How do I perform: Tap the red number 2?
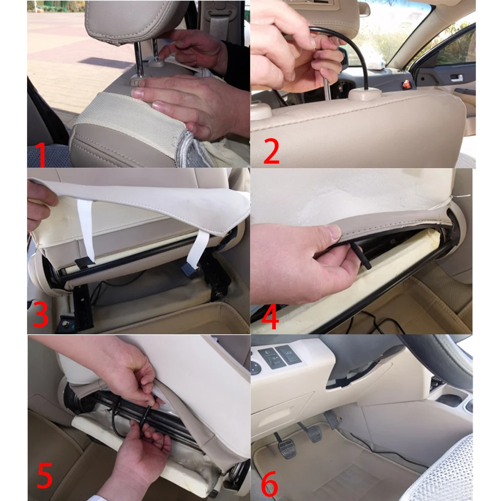coord(272,152)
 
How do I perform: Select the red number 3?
coord(40,314)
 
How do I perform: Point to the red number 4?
coord(270,317)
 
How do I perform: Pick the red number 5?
coord(45,476)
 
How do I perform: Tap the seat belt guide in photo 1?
coord(219,19)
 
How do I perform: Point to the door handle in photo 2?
coord(456,78)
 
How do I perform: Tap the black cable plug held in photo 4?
coord(360,256)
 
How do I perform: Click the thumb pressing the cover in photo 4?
coord(330,231)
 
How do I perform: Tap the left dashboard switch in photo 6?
coord(268,358)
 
